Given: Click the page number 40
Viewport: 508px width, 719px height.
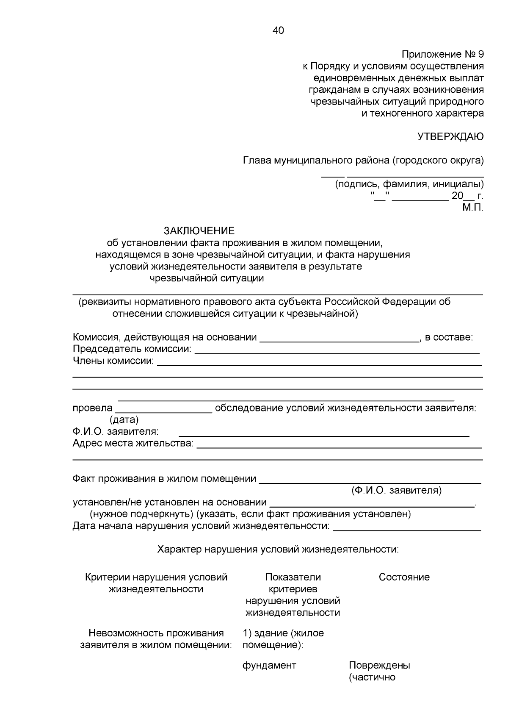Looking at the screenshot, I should coord(279,31).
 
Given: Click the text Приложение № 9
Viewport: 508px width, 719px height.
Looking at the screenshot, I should coord(442,54).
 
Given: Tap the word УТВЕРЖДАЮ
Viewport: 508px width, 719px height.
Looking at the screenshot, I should coord(450,136).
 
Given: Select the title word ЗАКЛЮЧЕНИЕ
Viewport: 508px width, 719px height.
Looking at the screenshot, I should coord(199,231).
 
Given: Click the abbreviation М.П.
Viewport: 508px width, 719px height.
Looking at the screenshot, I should coord(472,208).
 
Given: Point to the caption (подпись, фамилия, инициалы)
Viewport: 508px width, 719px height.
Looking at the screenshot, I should coord(409,184).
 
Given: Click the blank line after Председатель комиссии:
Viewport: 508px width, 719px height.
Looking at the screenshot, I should coord(337,352).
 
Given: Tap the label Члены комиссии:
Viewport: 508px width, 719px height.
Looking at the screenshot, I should coord(113,361).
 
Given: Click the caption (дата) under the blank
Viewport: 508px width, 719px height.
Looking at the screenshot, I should coord(124,420).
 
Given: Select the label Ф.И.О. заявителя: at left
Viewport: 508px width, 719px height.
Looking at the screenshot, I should coord(116,432).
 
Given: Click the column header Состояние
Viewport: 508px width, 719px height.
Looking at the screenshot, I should coord(404,577).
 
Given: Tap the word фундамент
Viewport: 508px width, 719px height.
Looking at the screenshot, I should coord(269,665).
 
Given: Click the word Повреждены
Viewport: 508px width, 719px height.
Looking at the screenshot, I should coord(379,665).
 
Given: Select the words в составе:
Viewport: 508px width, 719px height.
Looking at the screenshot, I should coord(449,337).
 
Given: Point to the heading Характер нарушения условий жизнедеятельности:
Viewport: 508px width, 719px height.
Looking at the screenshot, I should coord(278,550).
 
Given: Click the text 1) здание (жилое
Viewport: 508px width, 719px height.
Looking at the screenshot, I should coord(283,633).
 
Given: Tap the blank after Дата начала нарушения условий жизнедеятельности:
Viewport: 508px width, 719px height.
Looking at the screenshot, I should coord(407,529).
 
